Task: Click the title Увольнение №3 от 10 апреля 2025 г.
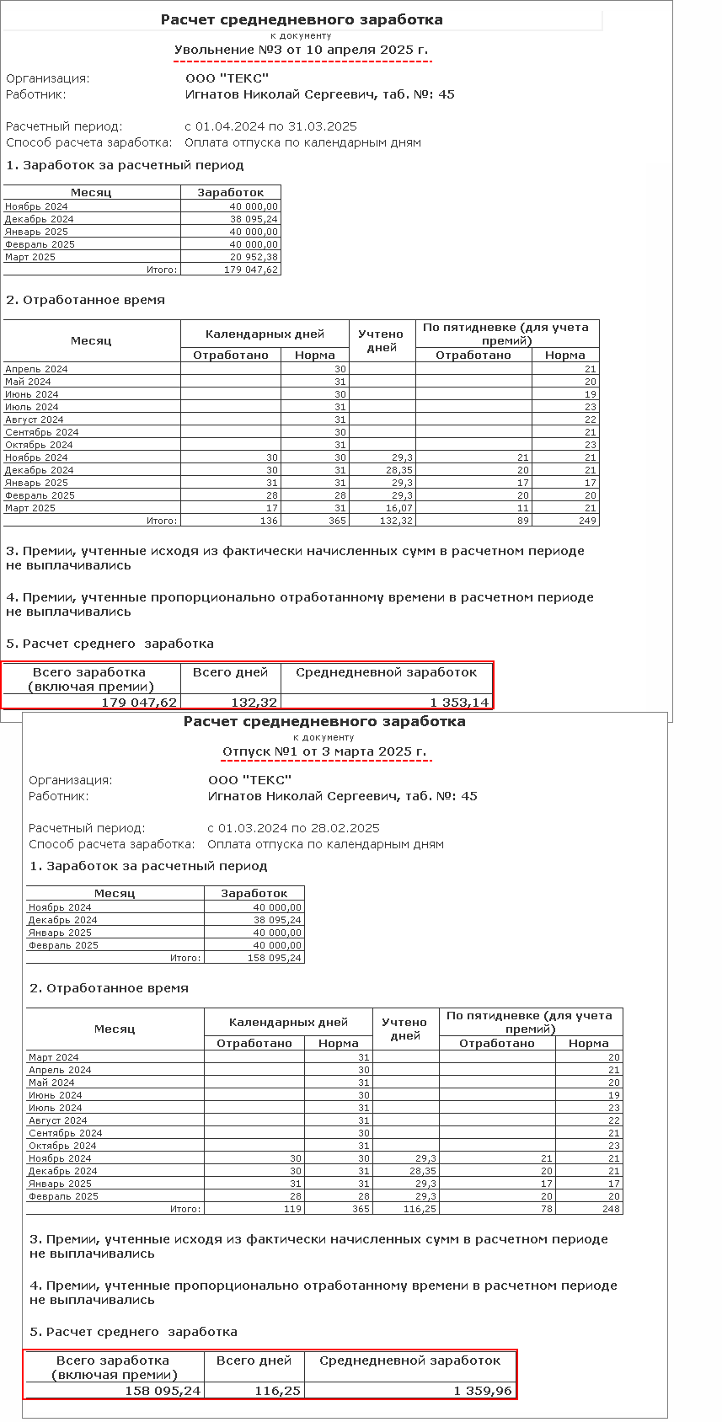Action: pos(301,50)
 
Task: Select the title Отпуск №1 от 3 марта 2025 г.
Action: pos(324,751)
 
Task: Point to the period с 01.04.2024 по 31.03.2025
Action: pos(271,126)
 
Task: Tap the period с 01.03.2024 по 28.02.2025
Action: pos(294,828)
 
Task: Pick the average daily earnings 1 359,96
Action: pos(483,1390)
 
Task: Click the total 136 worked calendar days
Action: pos(268,521)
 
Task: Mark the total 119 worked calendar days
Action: pos(291,1209)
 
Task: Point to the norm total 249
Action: pos(587,521)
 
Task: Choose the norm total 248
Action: pos(611,1209)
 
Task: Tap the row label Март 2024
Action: pos(54,1057)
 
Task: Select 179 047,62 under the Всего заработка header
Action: pos(139,703)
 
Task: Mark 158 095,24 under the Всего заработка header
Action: pos(163,1390)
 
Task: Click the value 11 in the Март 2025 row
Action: pos(522,508)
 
